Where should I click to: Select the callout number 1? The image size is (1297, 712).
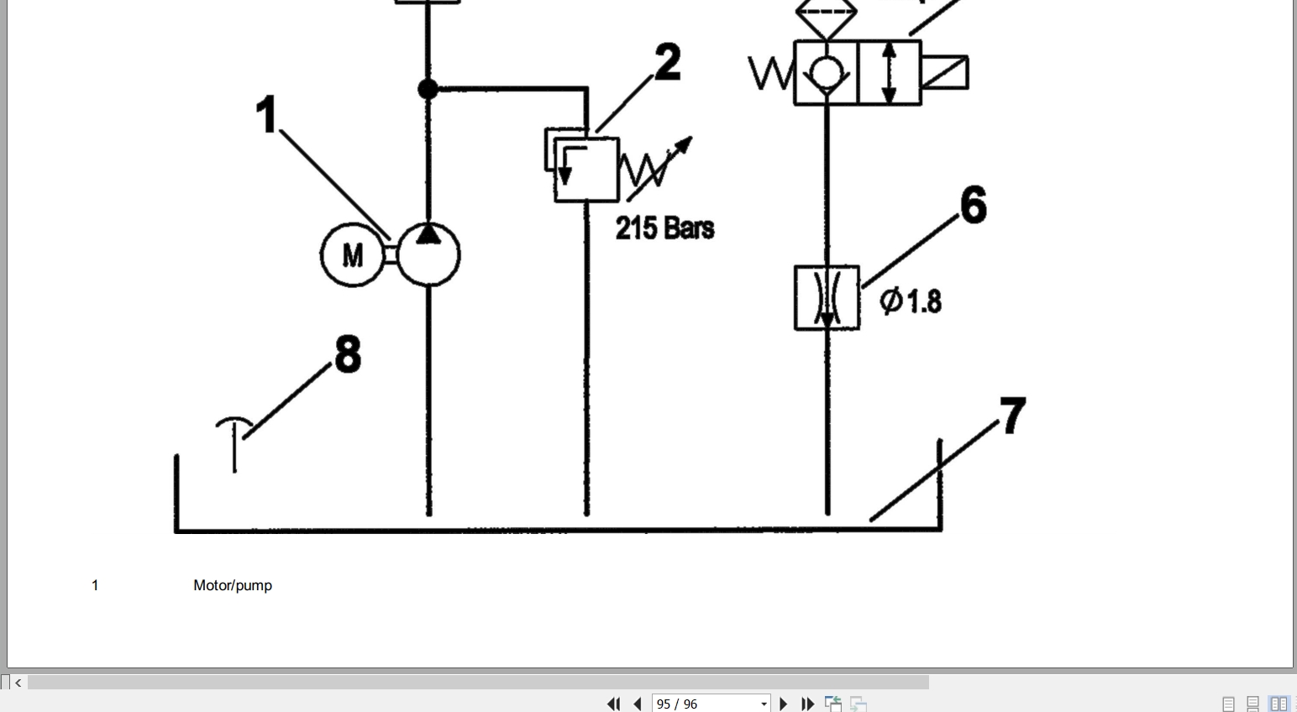266,115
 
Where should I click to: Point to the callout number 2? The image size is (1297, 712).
668,61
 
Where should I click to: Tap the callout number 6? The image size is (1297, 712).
974,204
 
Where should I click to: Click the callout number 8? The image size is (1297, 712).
348,353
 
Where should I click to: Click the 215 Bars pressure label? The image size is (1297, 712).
664,228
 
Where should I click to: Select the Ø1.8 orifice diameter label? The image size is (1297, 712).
911,301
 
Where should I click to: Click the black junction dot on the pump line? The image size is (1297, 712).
428,89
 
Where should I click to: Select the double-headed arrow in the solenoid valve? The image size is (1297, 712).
890,73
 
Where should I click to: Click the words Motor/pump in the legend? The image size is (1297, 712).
233,585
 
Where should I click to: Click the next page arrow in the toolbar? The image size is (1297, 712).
784,704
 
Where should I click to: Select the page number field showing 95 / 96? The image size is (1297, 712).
711,704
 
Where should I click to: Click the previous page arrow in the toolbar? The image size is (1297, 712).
638,704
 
